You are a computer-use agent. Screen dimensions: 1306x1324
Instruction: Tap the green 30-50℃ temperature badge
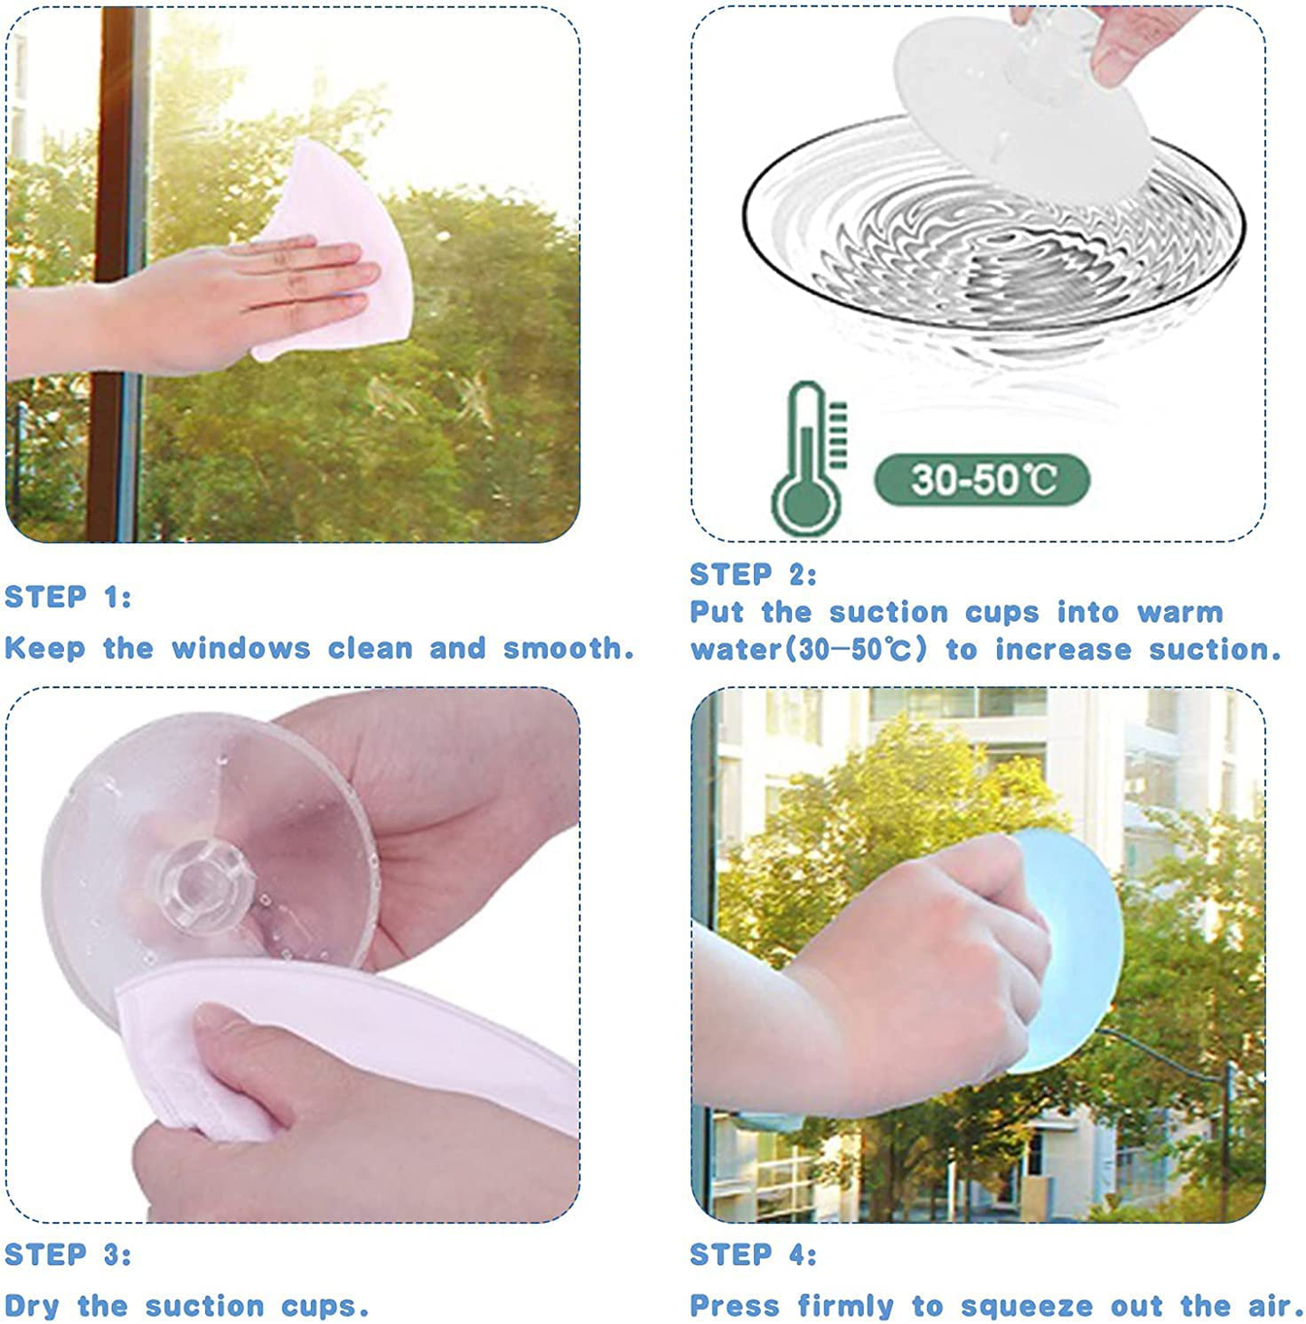pos(982,480)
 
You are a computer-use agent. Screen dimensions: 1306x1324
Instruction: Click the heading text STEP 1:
pos(68,597)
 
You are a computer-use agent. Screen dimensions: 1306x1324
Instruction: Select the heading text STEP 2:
pos(754,575)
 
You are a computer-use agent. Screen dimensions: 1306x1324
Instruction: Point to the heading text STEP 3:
pos(68,1254)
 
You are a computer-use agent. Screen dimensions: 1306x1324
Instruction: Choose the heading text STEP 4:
pos(754,1254)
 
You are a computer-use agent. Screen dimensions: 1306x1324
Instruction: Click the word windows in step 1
pos(240,648)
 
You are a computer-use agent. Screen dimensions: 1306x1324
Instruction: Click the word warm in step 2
pos(1179,612)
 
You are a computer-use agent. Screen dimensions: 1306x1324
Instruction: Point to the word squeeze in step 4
pos(1026,1306)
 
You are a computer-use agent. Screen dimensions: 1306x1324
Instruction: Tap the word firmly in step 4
pos(845,1305)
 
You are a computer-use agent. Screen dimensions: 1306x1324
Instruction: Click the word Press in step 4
pos(733,1305)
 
